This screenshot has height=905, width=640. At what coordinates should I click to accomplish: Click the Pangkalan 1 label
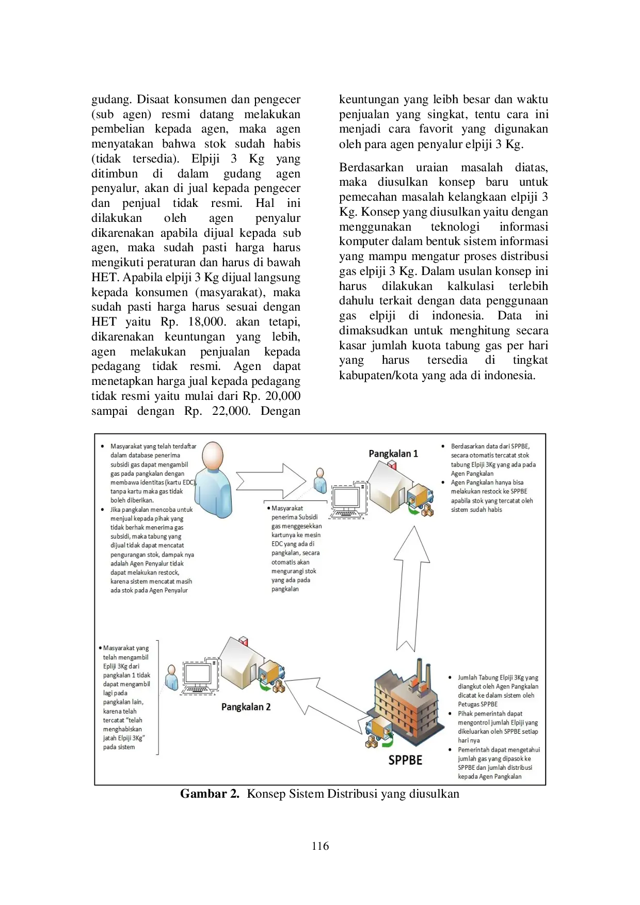(x=393, y=454)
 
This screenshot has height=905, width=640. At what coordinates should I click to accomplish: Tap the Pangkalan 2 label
(x=246, y=706)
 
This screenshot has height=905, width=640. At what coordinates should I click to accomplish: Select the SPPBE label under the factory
(x=405, y=760)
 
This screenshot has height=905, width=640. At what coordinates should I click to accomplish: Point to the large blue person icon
(x=213, y=480)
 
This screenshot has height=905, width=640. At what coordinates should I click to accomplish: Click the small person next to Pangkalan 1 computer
(x=320, y=480)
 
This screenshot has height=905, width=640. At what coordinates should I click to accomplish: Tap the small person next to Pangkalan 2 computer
(x=171, y=677)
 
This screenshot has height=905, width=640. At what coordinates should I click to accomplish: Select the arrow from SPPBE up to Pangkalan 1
(x=411, y=588)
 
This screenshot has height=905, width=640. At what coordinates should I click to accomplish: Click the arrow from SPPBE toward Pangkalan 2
(x=325, y=702)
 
